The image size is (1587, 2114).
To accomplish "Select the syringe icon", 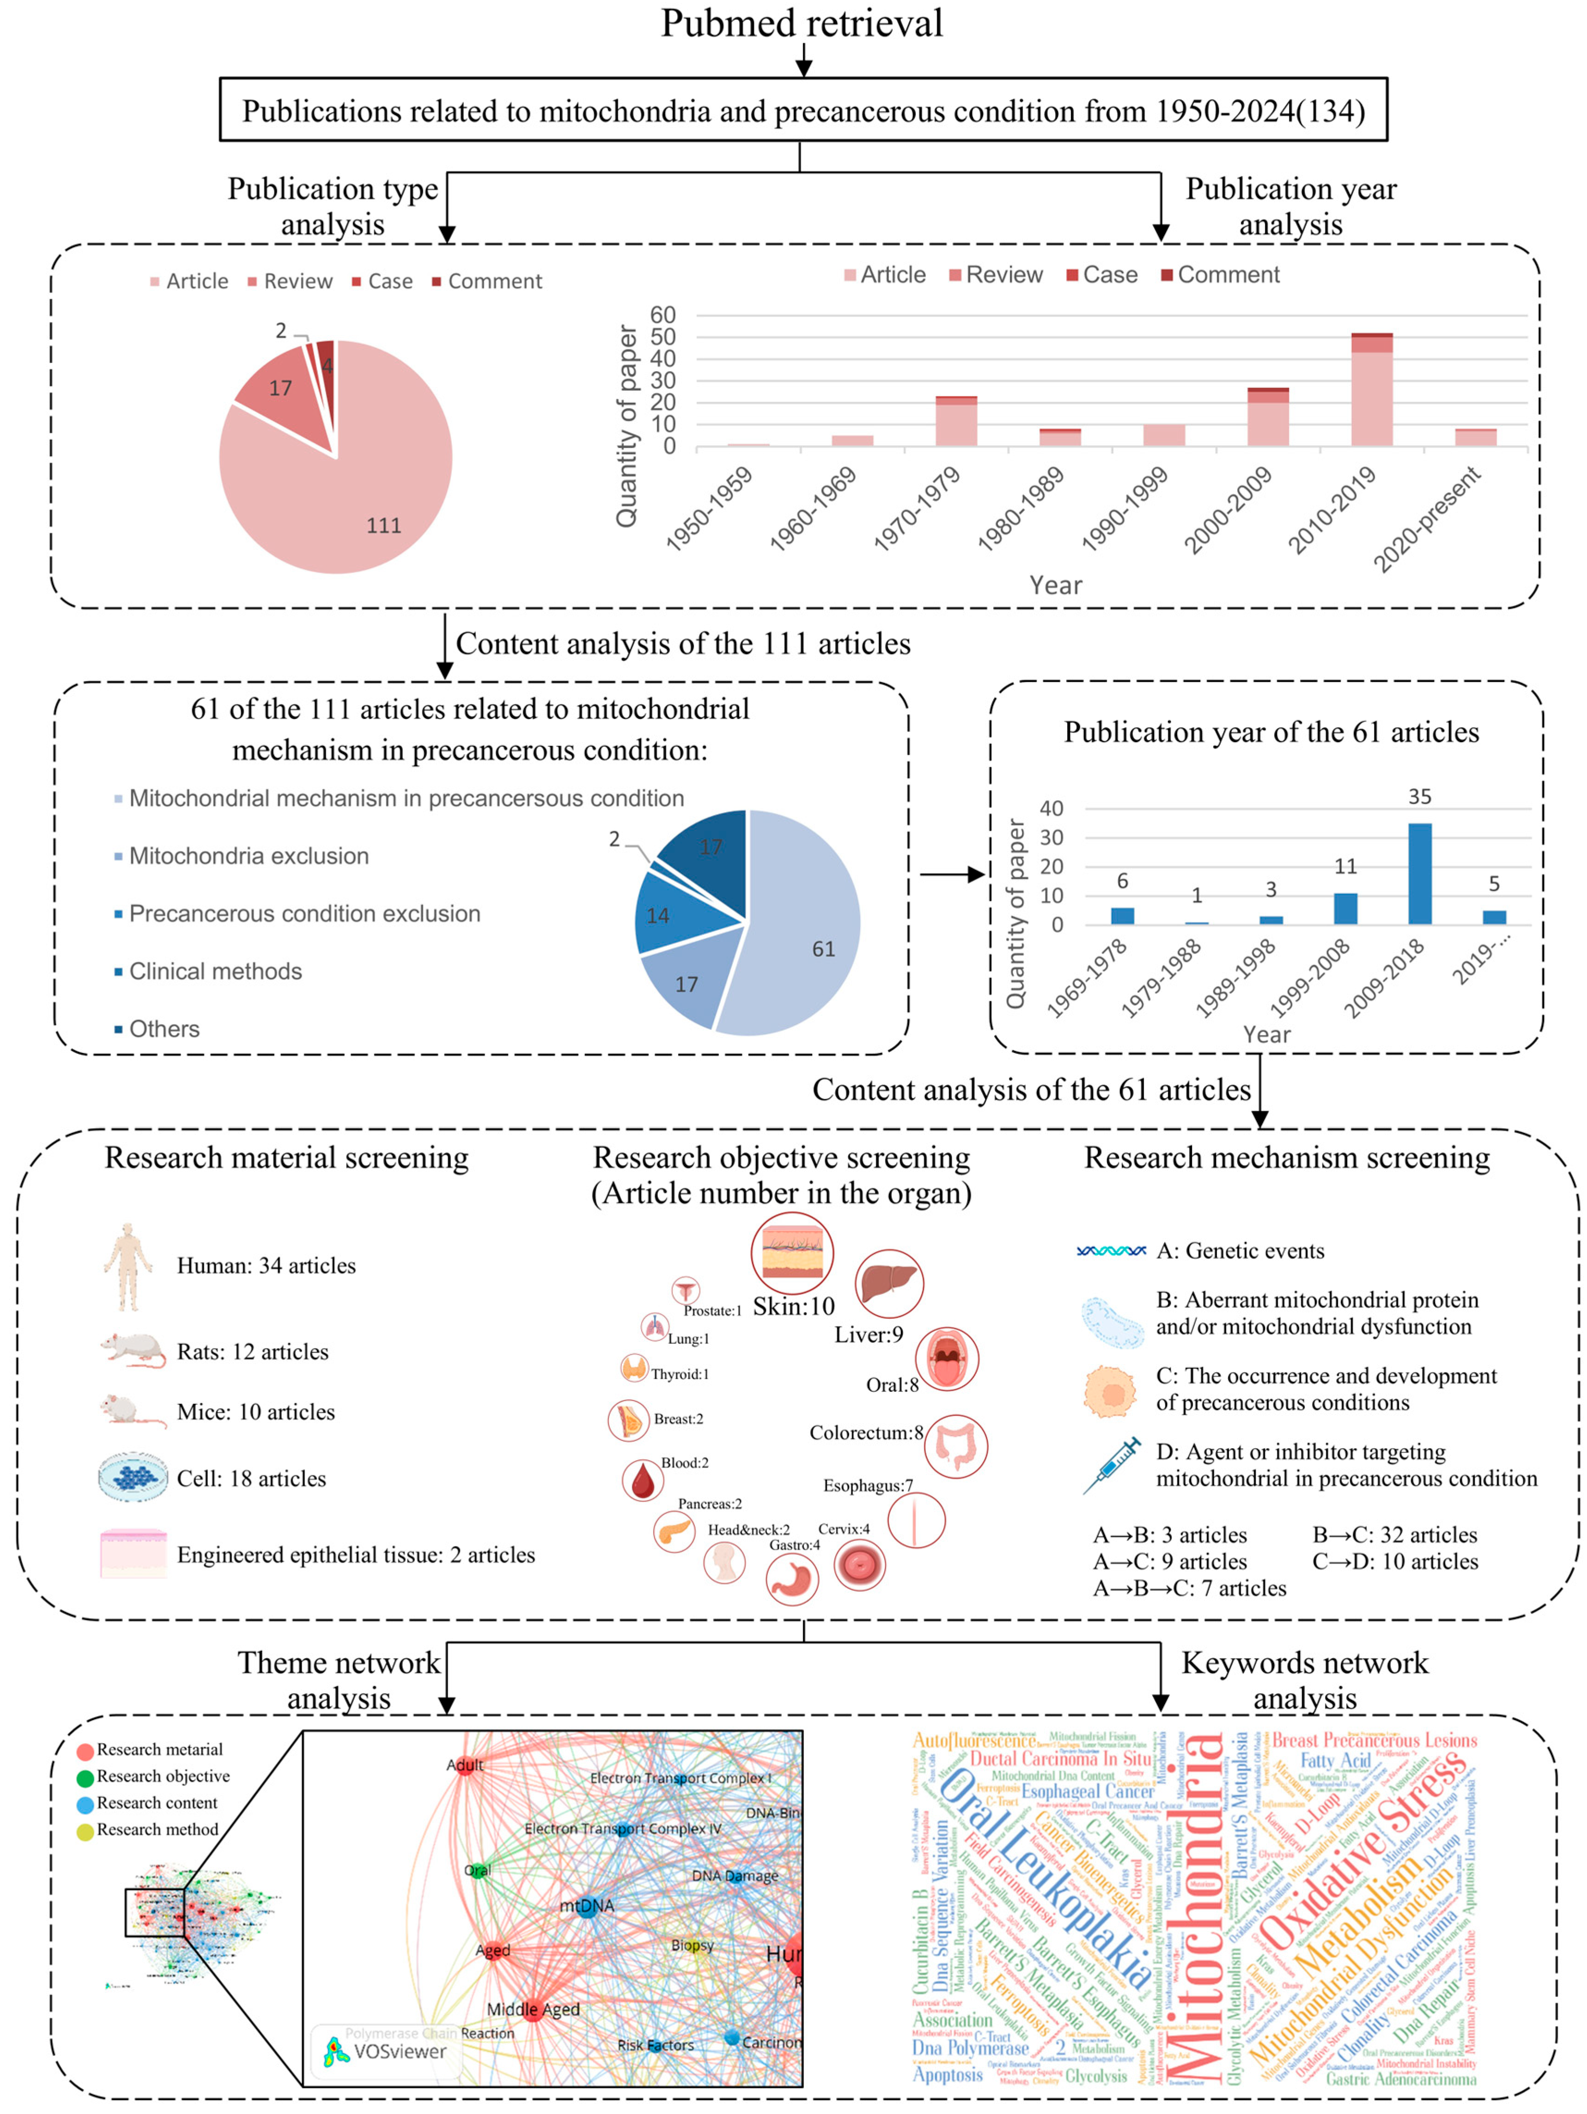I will point(1112,1464).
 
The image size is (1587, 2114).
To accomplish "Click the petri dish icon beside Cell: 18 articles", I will point(133,1478).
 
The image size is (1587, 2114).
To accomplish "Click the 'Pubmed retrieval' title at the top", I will point(801,23).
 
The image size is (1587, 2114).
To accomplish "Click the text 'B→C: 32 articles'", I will point(1395,1535).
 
